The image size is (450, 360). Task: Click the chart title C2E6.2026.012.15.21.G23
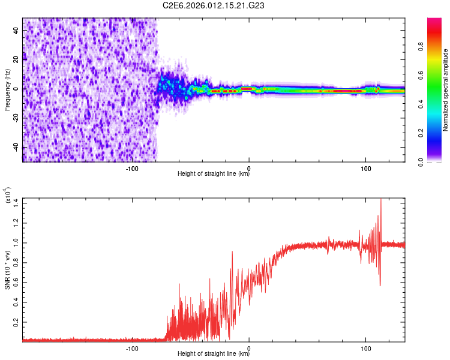214,5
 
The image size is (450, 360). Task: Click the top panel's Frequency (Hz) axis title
7,90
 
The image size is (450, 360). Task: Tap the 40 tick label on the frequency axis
16,32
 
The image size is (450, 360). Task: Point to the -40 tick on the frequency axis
15,146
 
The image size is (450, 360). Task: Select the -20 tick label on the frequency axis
15,118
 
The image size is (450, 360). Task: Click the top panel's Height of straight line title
214,175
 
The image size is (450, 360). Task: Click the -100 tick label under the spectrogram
133,169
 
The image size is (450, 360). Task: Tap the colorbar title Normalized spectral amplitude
446,90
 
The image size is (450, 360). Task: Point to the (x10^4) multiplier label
7,196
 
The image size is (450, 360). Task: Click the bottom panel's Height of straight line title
214,354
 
